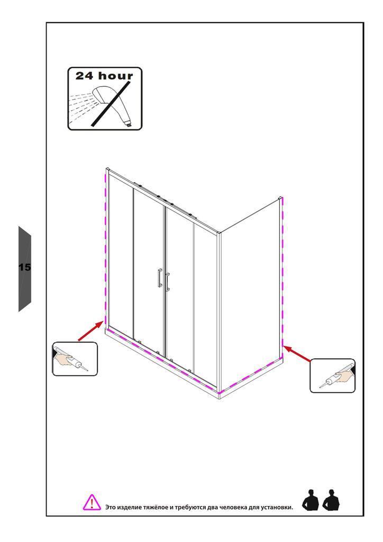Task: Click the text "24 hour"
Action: pyautogui.click(x=104, y=75)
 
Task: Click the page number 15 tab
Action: pyautogui.click(x=24, y=268)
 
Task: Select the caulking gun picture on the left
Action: pyautogui.click(x=75, y=359)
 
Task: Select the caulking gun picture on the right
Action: pyautogui.click(x=332, y=376)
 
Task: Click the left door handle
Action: pyautogui.click(x=160, y=277)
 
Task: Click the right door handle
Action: pyautogui.click(x=167, y=282)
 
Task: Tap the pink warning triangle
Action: pyautogui.click(x=92, y=503)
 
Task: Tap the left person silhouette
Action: pyautogui.click(x=311, y=500)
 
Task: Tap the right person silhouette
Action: pyautogui.click(x=331, y=500)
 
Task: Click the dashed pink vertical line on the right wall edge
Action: pyautogui.click(x=283, y=272)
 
